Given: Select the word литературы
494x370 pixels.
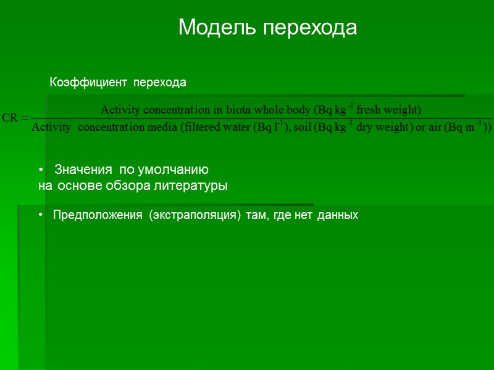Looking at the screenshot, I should [193, 185].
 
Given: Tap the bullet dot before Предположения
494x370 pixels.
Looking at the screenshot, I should [40, 215].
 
